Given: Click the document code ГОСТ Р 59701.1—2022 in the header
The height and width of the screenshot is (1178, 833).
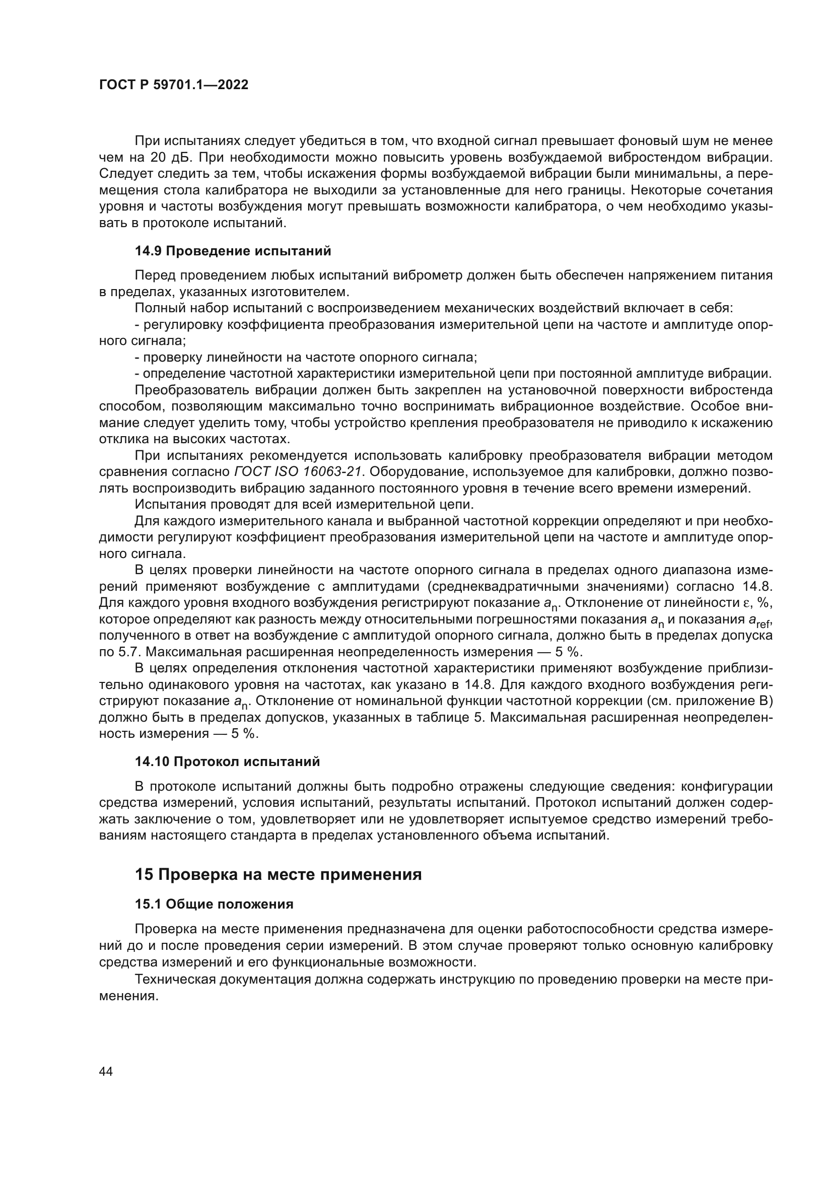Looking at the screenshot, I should pyautogui.click(x=173, y=85).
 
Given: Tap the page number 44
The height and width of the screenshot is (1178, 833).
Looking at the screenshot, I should pyautogui.click(x=106, y=1071).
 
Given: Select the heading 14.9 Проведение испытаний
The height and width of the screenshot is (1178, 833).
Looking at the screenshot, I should pyautogui.click(x=232, y=251).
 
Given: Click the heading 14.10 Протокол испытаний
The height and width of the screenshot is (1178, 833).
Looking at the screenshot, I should pyautogui.click(x=227, y=761).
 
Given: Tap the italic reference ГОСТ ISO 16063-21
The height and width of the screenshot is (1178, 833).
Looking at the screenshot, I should pyautogui.click(x=299, y=471).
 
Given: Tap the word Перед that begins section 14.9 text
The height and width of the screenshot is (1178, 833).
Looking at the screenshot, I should pyautogui.click(x=155, y=275).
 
